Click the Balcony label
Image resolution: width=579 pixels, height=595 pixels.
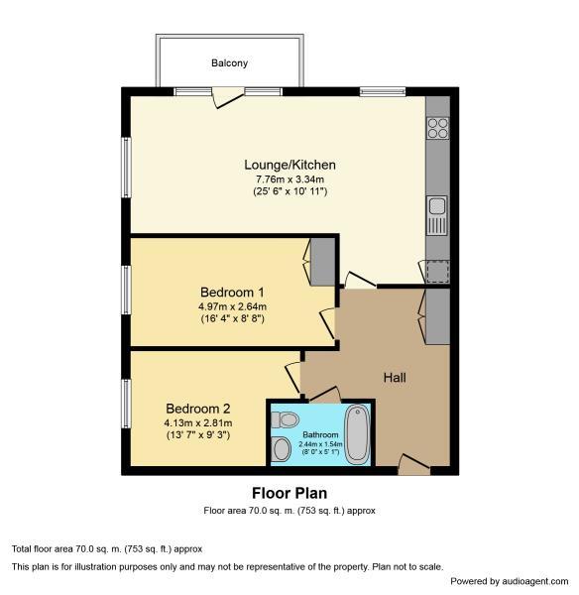click(229, 63)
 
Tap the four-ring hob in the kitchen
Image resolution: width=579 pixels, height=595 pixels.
click(438, 128)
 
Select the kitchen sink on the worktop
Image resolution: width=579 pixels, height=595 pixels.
click(437, 215)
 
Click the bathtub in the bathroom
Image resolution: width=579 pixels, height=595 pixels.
click(357, 434)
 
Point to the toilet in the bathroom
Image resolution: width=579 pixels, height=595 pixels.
click(285, 419)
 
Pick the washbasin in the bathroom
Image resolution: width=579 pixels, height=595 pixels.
click(281, 448)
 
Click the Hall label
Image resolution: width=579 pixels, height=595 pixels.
click(395, 378)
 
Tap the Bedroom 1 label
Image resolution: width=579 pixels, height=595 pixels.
click(232, 293)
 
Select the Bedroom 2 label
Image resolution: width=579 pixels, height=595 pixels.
click(198, 409)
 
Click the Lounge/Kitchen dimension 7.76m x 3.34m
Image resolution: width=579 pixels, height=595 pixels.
click(289, 179)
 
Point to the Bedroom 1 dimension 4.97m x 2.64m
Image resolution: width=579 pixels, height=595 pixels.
click(232, 306)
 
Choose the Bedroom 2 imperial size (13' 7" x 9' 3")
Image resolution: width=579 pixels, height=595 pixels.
click(198, 435)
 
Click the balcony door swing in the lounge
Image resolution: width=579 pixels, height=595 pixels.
click(228, 97)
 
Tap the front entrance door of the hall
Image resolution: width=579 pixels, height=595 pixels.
click(414, 464)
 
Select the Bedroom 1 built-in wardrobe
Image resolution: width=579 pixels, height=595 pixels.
click(322, 262)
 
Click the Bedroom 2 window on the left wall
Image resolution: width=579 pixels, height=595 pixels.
click(126, 404)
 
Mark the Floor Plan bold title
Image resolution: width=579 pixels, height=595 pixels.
click(289, 493)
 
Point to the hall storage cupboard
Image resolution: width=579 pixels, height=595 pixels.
click(437, 316)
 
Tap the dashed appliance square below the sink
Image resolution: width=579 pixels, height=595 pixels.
click(438, 272)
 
